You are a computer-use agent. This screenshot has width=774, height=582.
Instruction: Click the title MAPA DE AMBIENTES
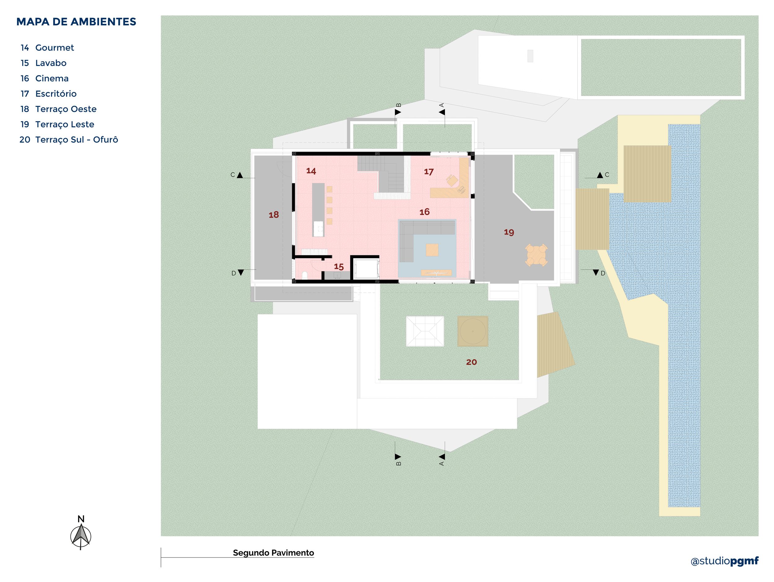click(x=76, y=22)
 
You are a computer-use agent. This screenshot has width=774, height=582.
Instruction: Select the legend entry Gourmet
click(x=54, y=48)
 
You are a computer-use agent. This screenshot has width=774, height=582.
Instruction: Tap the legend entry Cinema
click(x=52, y=78)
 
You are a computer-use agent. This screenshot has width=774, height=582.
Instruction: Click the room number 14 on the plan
click(x=311, y=171)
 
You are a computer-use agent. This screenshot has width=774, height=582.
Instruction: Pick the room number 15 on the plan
click(x=338, y=266)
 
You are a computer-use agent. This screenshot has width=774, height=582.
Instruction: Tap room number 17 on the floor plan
click(x=428, y=172)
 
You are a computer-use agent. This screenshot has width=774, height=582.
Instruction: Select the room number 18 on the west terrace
click(x=274, y=215)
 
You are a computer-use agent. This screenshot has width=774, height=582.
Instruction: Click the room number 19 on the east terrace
click(x=509, y=232)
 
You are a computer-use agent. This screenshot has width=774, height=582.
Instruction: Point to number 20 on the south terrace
click(x=471, y=362)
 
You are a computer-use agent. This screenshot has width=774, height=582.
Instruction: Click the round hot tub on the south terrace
click(x=472, y=331)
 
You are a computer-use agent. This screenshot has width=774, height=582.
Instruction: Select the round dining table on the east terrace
click(x=536, y=255)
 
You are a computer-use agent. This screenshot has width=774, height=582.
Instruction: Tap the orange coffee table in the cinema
click(x=432, y=250)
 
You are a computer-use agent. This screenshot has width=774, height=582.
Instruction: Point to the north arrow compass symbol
click(x=81, y=535)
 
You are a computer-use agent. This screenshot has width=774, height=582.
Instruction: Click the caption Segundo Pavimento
click(x=273, y=553)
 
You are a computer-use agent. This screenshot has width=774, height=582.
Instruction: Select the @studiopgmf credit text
click(x=724, y=561)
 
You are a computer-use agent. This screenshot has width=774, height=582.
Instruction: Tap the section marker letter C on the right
click(x=607, y=175)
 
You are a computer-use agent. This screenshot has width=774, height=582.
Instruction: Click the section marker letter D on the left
click(x=233, y=273)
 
